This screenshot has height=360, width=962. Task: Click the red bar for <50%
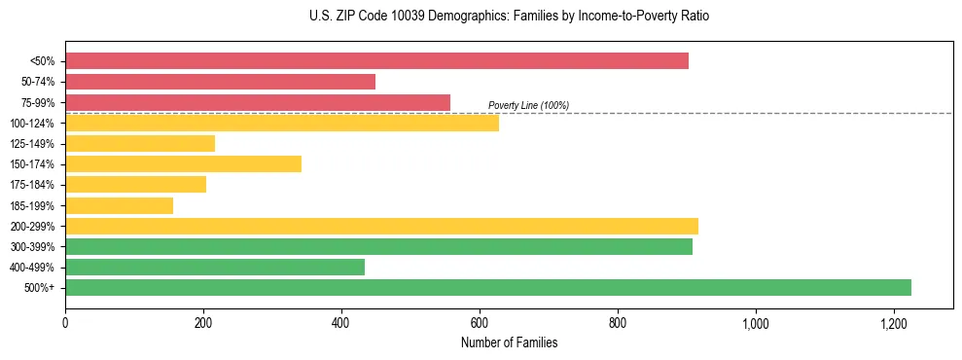[x=376, y=61]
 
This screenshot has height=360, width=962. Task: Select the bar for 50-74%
[x=220, y=82]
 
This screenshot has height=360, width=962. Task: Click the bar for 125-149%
[x=140, y=144]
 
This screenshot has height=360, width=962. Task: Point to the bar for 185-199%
[x=119, y=205]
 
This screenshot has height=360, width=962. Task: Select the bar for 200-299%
[x=381, y=227]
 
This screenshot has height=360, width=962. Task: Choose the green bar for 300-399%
[x=378, y=247]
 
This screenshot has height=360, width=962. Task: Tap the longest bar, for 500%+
[x=488, y=288]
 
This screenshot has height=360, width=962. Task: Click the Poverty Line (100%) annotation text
[x=528, y=105]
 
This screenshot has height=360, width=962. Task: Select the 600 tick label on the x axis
[x=480, y=323]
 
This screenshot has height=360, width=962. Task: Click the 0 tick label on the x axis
[x=65, y=323]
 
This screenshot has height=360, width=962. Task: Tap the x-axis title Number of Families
[x=509, y=342]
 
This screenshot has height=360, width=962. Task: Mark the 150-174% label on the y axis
[x=32, y=164]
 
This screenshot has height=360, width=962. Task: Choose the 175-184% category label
[x=32, y=185]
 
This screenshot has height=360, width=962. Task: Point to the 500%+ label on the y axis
[x=40, y=288]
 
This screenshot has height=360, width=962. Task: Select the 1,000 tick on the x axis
[x=755, y=323]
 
